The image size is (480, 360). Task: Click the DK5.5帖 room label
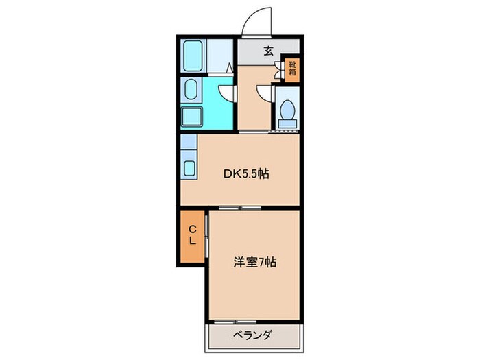pyautogui.click(x=244, y=174)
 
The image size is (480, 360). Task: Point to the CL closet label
pyautogui.click(x=193, y=235)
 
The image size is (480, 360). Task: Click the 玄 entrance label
pyautogui.click(x=269, y=50)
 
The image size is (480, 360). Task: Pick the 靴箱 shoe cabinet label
pyautogui.click(x=292, y=71)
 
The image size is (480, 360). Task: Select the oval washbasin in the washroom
pyautogui.click(x=191, y=89)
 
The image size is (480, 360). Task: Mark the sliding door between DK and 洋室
pyautogui.click(x=240, y=206)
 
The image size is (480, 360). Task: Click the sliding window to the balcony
pyautogui.click(x=233, y=321)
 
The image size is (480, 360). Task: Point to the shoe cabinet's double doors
pyautogui.click(x=278, y=71)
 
